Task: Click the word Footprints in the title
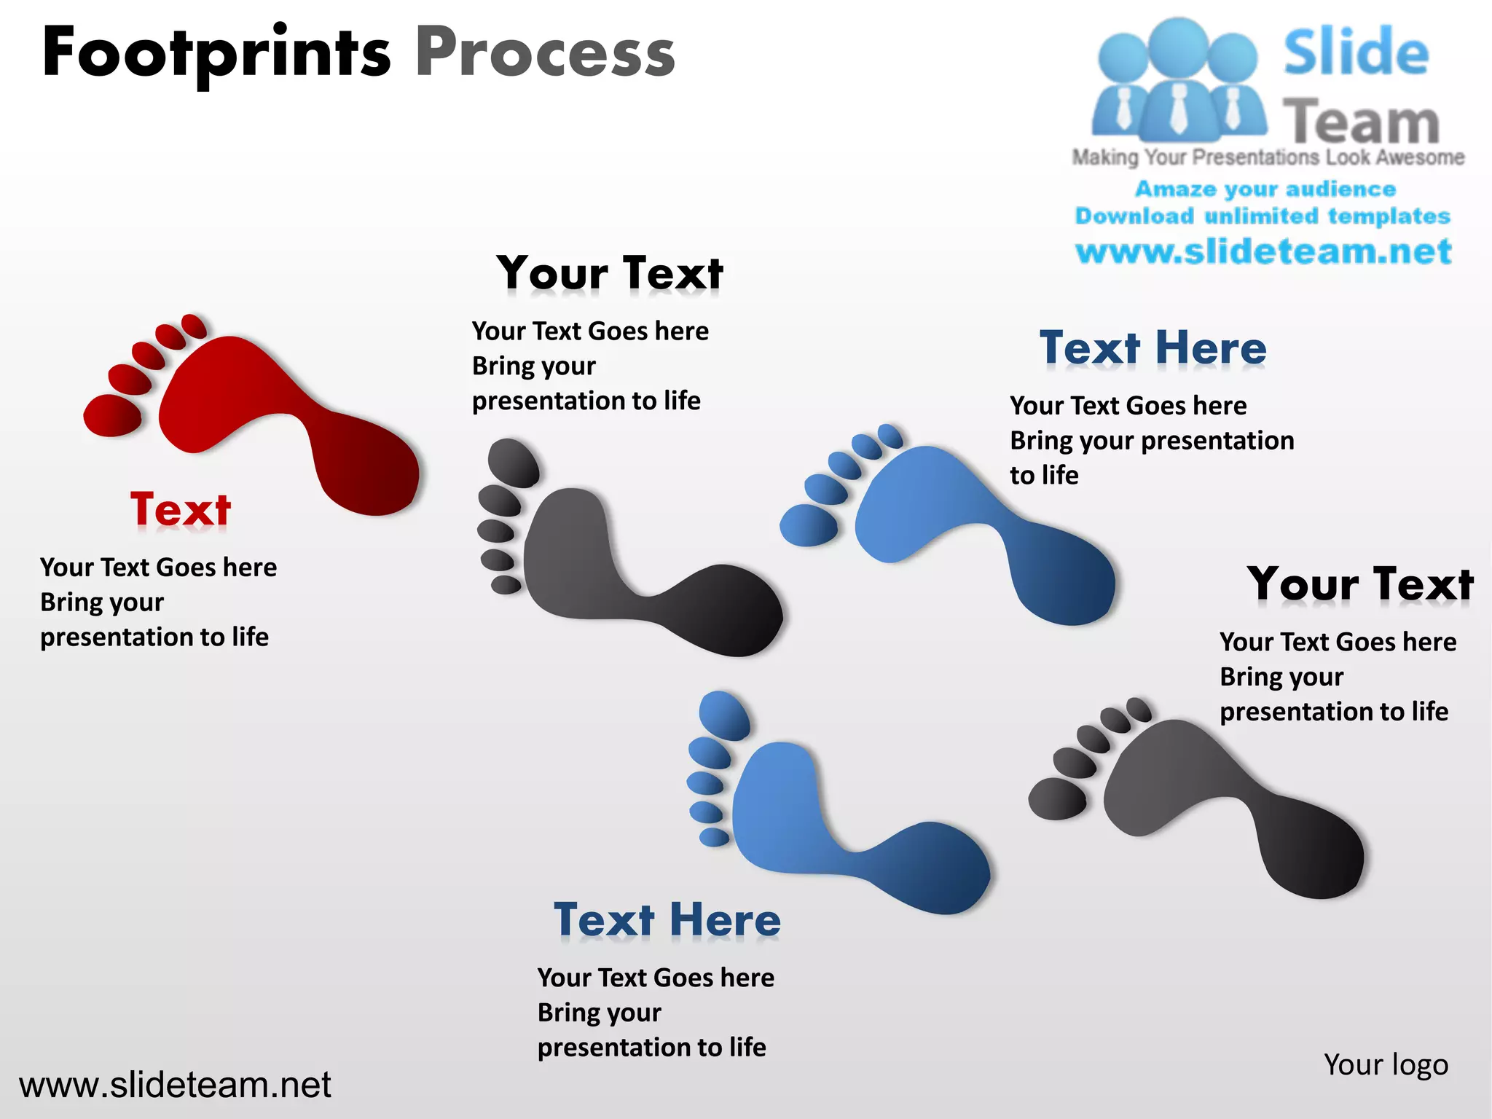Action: (x=216, y=52)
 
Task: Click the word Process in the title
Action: (x=545, y=52)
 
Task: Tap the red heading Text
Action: (x=181, y=509)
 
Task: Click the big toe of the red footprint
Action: (x=112, y=415)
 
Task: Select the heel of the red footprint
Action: (x=375, y=474)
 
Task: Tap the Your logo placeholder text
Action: (x=1386, y=1064)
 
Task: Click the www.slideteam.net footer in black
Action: (x=175, y=1085)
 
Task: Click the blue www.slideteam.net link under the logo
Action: (x=1263, y=251)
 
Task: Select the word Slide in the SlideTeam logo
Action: (x=1356, y=52)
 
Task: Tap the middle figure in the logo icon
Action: (x=1178, y=80)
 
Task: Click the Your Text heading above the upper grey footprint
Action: (x=610, y=273)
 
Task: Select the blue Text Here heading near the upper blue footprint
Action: (x=1153, y=348)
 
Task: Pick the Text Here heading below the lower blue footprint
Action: (x=667, y=919)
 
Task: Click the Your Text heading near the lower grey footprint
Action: (x=1360, y=584)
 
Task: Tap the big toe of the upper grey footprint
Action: (x=513, y=462)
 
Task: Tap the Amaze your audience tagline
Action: (x=1265, y=189)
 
